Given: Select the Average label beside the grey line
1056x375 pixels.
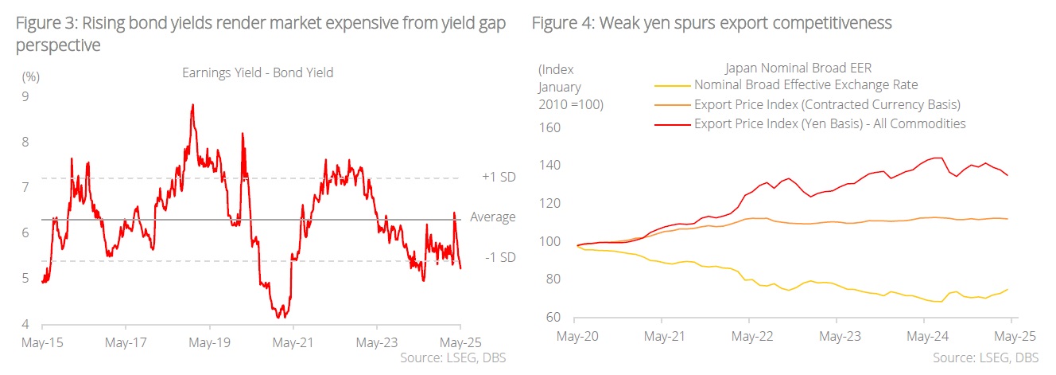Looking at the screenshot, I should [x=492, y=217].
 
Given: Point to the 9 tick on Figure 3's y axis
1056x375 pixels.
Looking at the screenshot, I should [x=25, y=97].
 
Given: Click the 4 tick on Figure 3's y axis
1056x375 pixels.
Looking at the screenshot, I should [x=25, y=324].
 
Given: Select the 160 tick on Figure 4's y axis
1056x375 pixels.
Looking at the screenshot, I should [x=550, y=127].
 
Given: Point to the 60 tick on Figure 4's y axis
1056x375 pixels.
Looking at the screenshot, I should [x=554, y=318].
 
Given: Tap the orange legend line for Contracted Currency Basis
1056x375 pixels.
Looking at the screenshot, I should [x=671, y=105].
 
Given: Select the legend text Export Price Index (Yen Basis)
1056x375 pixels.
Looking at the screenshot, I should [x=829, y=123].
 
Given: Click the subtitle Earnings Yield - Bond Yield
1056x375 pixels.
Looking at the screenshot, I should [x=258, y=72].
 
